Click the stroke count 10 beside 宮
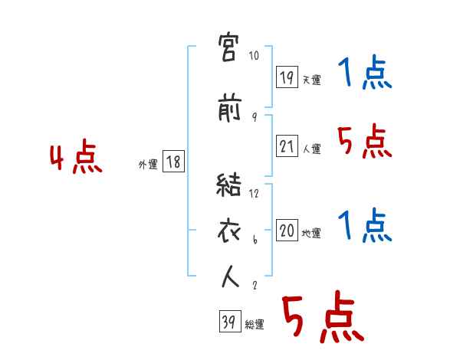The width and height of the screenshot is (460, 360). coord(255,56)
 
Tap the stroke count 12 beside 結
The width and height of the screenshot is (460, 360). coord(255,193)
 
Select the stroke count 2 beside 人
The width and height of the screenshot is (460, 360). coord(255,285)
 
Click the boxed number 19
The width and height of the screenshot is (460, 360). coord(287,77)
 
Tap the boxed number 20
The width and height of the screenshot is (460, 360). coord(287,231)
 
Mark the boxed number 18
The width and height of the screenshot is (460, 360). coord(173,162)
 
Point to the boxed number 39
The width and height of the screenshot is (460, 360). coord(228,322)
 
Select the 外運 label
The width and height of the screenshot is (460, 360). coord(148,164)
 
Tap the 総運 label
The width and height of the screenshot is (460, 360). coord(255,325)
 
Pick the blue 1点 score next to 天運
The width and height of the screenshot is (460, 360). coord(365,74)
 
